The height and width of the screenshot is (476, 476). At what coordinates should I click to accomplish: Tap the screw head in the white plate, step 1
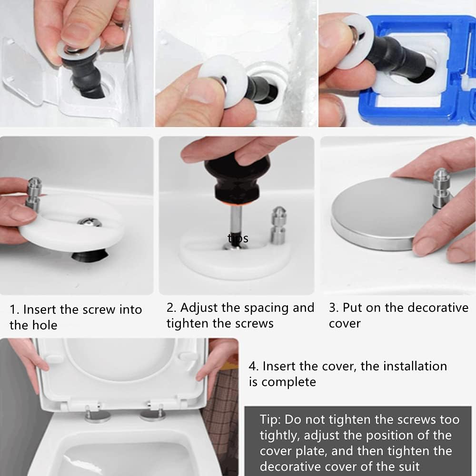[89, 222]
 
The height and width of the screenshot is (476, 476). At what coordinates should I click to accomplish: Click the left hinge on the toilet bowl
[97, 414]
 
